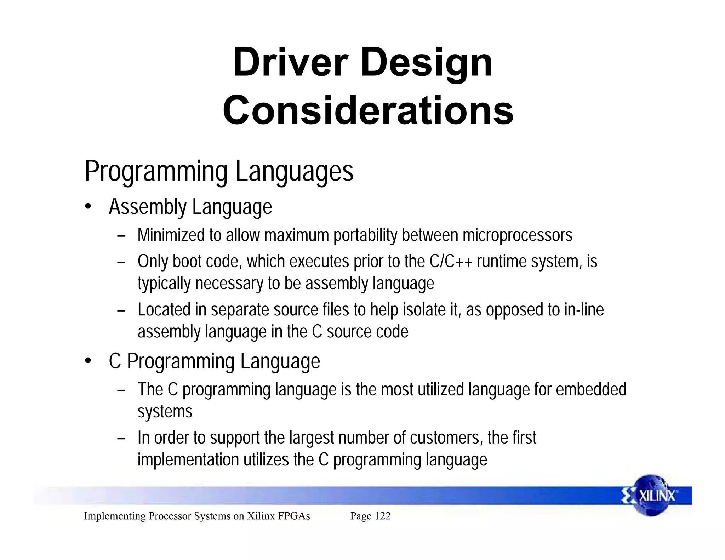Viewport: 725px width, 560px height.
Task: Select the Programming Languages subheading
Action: pos(219,172)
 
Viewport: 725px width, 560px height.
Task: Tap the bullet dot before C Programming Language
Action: pos(88,361)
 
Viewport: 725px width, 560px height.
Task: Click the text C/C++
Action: pos(451,262)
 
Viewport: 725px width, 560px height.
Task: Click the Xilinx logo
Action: pos(652,496)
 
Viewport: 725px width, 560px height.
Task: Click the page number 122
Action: pos(382,516)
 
